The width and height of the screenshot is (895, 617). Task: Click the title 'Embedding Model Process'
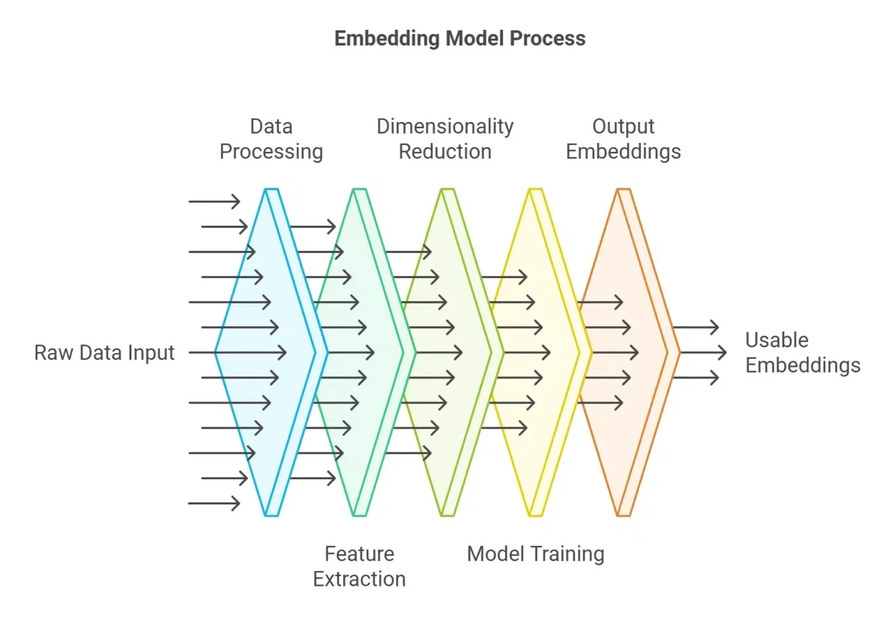pos(460,38)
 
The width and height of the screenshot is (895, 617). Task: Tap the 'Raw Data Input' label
pos(104,353)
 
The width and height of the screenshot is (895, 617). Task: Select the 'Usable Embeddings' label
pos(802,353)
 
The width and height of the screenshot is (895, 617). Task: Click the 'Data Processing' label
pos(271,139)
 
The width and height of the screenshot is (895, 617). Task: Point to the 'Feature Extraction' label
pos(359,566)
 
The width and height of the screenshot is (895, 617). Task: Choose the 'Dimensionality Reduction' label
pos(445,139)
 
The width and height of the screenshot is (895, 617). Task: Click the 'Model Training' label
pos(536,554)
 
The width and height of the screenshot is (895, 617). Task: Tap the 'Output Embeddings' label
pos(623,139)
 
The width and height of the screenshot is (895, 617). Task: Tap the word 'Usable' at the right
pos(777,340)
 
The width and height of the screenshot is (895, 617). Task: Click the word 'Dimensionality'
pos(445,127)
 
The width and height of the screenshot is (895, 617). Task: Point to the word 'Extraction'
pos(359,579)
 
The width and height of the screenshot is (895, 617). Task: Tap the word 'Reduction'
pos(445,151)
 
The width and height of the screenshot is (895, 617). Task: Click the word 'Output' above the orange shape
pos(623,127)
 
